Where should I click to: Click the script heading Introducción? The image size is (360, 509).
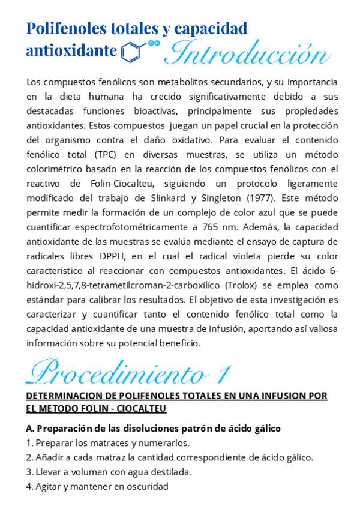[x=247, y=53]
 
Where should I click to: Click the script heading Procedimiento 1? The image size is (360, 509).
[x=128, y=373]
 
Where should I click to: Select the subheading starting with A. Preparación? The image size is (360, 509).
[x=154, y=429]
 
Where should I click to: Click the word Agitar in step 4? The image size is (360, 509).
[x=49, y=486]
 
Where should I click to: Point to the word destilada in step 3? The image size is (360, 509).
[x=170, y=472]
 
